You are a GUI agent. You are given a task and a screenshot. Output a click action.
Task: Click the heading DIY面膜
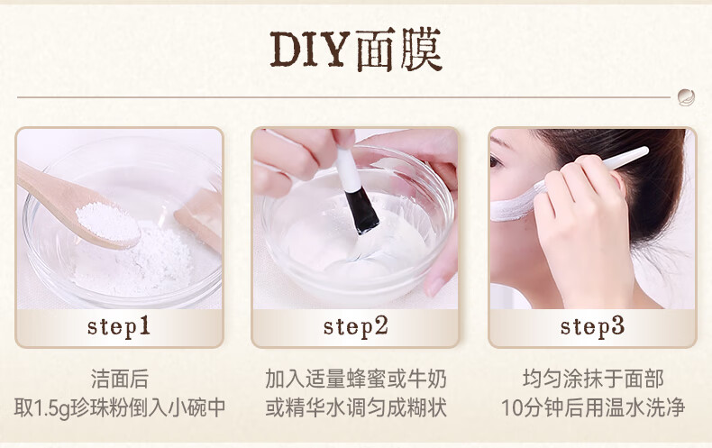[356, 50]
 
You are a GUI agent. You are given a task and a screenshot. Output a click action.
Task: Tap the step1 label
[118, 326]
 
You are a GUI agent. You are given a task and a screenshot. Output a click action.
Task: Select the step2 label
[355, 326]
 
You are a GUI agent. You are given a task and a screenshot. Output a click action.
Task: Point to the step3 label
[592, 326]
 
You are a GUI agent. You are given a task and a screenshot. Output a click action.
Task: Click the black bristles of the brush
[361, 211]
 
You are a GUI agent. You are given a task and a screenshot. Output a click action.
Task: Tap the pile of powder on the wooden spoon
[107, 221]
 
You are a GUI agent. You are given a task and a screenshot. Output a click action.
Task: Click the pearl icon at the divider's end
[686, 97]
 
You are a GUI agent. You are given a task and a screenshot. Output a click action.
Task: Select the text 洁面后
[120, 379]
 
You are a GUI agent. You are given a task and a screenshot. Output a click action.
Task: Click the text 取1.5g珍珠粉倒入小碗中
[120, 407]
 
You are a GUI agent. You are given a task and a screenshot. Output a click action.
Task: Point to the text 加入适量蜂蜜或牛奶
[356, 379]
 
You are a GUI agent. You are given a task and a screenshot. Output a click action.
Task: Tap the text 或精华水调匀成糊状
[356, 407]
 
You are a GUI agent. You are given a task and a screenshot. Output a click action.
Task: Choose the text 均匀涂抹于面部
[593, 379]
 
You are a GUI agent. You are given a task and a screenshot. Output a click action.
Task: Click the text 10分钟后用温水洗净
[593, 407]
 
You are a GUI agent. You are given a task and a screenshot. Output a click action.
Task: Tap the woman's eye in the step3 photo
[496, 161]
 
